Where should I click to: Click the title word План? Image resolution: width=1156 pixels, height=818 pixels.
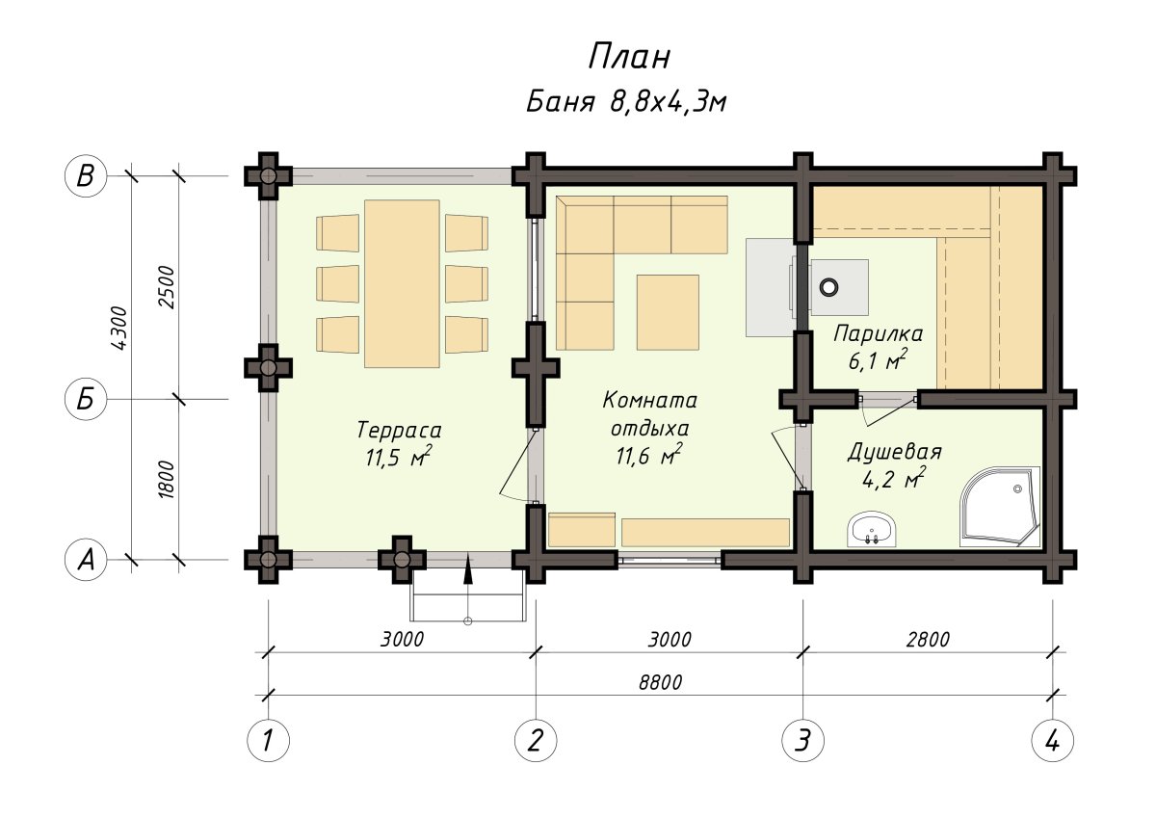(x=629, y=57)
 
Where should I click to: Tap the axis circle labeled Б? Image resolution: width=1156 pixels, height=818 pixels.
(x=86, y=399)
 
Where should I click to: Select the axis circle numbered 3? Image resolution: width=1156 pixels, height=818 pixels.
(x=803, y=741)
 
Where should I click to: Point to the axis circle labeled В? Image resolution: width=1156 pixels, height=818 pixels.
(x=86, y=175)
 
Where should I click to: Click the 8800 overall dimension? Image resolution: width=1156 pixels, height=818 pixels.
(x=660, y=682)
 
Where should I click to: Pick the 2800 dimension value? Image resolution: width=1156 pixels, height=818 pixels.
(x=928, y=640)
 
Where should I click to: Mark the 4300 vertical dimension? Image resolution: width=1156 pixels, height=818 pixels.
(x=119, y=329)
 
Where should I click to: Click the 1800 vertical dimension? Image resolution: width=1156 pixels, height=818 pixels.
(x=167, y=480)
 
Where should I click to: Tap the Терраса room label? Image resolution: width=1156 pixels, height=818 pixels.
(x=399, y=430)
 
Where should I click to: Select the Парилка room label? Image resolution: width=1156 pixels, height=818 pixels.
(x=878, y=334)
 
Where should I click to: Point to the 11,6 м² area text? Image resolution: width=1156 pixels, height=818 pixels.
(x=648, y=454)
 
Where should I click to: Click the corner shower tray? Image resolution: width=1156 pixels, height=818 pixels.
(x=1000, y=506)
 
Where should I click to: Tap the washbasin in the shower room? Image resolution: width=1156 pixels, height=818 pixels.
(x=872, y=529)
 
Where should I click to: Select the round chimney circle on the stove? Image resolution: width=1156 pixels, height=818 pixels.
(x=828, y=286)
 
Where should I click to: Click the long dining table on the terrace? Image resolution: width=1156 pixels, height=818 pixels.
(x=402, y=284)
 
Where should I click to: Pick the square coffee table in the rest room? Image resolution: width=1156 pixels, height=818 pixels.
(x=668, y=312)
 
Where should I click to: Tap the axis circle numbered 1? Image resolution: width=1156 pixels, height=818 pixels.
(x=269, y=741)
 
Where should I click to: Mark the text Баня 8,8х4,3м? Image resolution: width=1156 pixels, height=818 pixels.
(x=626, y=102)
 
